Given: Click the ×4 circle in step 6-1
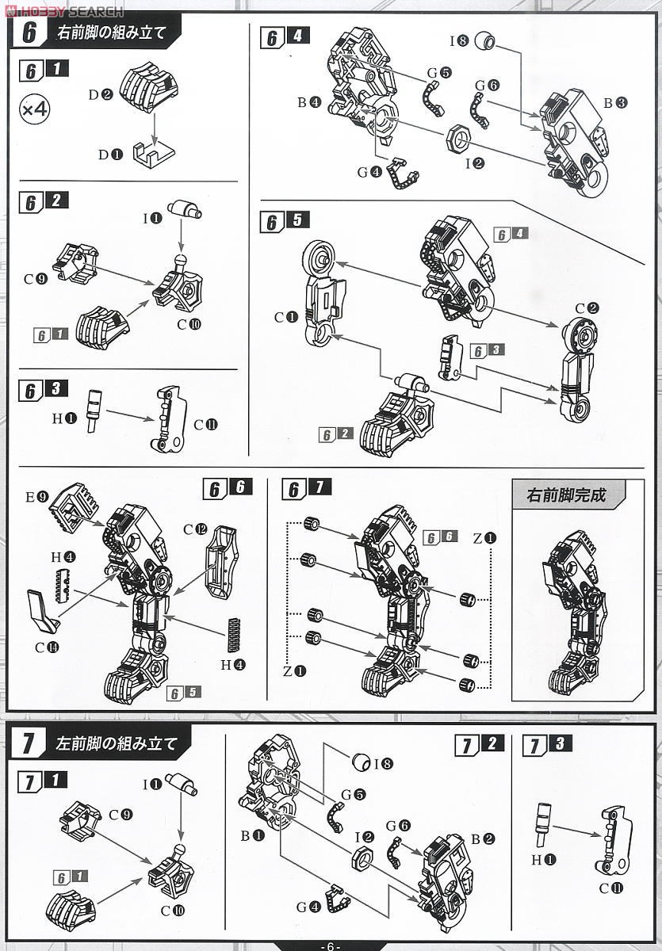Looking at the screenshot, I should pos(34,110).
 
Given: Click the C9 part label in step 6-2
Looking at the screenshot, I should pos(36,278).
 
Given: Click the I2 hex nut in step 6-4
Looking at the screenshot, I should pos(459,139).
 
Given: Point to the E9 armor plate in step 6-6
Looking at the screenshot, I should pos(74,507).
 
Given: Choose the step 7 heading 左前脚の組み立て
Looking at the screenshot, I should pos(116,745).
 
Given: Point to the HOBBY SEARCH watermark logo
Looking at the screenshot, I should pos(63,11).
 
